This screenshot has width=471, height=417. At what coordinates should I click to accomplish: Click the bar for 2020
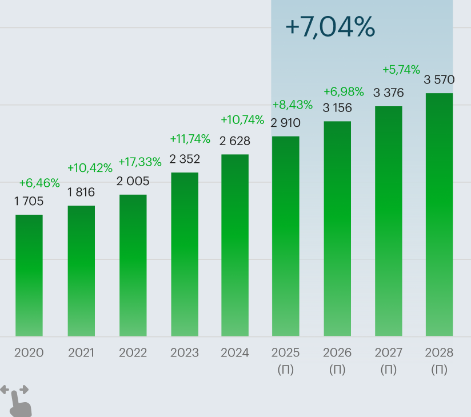(29, 275)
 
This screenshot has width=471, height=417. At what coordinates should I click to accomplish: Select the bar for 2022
(133, 265)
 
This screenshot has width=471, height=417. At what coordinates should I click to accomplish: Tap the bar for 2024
(235, 245)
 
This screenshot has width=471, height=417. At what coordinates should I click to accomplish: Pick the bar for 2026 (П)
(337, 228)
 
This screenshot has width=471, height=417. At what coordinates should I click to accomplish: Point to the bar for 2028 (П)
(439, 214)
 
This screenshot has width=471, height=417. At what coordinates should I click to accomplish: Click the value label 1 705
(29, 201)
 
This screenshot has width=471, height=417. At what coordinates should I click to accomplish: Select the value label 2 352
(185, 159)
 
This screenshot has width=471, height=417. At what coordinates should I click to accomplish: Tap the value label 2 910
(286, 123)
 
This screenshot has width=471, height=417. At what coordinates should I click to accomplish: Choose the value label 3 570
(439, 80)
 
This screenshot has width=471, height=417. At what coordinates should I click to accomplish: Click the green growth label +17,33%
(140, 162)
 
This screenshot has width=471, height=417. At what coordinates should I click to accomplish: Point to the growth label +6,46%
(39, 183)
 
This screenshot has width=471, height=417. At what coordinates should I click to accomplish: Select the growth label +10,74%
(242, 120)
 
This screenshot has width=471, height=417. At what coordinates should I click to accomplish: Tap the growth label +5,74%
(401, 70)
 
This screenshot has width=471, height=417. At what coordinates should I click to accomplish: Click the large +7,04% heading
(330, 27)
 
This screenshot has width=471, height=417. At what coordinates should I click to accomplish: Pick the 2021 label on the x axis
(81, 353)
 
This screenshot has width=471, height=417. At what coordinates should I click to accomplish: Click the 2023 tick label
(185, 353)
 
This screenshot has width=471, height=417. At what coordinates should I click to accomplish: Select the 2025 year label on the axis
(286, 353)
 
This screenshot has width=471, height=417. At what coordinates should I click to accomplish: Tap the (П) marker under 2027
(389, 370)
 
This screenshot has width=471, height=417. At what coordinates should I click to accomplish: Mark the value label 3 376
(389, 93)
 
